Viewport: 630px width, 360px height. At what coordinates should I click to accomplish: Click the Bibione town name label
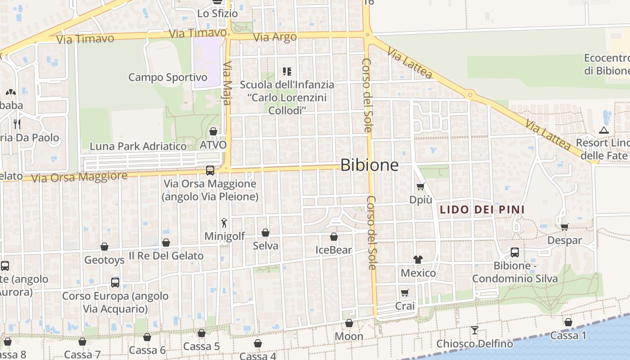(369, 165)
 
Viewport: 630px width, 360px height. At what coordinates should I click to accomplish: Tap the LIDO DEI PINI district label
(482, 210)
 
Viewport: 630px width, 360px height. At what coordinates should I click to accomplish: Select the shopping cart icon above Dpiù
(421, 186)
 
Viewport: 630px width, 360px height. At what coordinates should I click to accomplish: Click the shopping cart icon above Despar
(564, 226)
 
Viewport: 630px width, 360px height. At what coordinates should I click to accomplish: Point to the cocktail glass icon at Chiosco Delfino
(474, 330)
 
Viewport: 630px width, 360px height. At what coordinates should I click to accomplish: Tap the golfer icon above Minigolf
(224, 222)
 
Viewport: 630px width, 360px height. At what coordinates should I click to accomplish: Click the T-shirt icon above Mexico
(418, 259)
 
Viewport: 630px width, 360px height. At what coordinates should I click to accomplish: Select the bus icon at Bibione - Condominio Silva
(514, 252)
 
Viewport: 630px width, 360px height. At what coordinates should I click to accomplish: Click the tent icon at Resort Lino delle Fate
(603, 130)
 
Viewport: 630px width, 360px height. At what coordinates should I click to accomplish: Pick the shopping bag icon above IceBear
(333, 237)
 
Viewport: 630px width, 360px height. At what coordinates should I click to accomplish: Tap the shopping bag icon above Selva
(265, 233)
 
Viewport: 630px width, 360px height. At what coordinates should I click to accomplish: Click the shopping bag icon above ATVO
(213, 131)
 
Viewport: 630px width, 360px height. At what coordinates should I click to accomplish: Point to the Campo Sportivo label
(168, 77)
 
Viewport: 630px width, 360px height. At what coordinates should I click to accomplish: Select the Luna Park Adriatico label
(138, 146)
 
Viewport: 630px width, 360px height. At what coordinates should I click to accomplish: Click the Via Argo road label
(275, 37)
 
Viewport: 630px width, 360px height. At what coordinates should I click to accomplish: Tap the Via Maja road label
(227, 83)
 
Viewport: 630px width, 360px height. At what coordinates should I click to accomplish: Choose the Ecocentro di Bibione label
(606, 64)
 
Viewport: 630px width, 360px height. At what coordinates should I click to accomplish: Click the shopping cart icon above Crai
(405, 293)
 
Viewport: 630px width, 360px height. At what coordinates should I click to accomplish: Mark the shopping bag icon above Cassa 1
(568, 322)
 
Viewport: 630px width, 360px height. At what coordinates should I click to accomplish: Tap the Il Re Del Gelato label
(166, 256)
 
